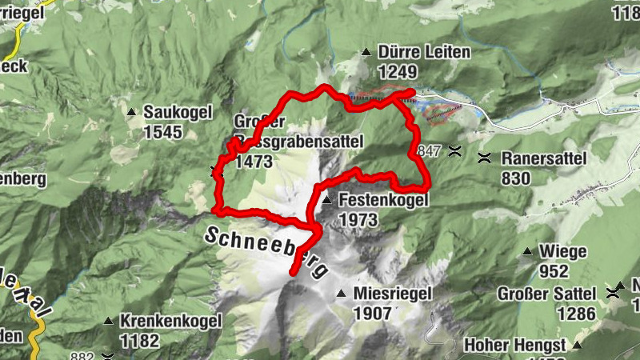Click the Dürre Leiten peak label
pos(424,53)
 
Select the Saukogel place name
pos(177,112)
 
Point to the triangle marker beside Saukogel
pos(132,111)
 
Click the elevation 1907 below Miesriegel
pos(373,313)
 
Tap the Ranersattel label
pos(545,158)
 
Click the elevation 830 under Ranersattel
pos(517,178)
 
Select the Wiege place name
pos(564,252)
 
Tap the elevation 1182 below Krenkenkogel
pos(139,340)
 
